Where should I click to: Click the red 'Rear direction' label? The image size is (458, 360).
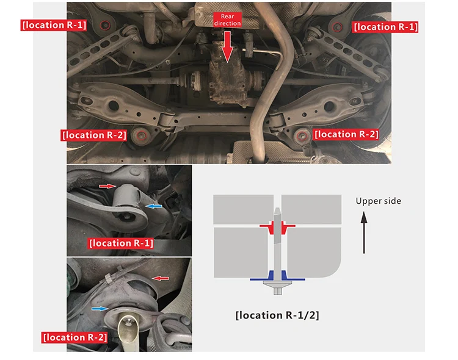(227, 20)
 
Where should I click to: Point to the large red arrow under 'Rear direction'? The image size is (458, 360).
(227, 46)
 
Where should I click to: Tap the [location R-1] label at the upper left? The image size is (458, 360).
(54, 25)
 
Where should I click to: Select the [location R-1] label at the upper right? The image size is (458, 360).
(385, 27)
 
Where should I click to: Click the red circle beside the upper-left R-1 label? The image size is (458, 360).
(105, 26)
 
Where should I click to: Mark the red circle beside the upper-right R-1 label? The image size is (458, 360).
(338, 27)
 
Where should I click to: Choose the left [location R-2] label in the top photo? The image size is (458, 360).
(94, 135)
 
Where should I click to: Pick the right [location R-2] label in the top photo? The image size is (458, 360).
(346, 134)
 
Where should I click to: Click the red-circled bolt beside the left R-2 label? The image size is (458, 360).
(142, 136)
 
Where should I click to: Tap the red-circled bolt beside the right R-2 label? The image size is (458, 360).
(302, 136)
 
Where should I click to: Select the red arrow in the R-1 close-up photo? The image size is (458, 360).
(107, 186)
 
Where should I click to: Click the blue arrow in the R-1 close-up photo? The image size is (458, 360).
(154, 206)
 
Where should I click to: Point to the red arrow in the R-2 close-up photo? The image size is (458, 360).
(161, 278)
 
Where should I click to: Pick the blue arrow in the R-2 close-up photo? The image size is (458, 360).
(100, 309)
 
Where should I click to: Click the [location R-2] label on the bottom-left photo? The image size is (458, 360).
(75, 337)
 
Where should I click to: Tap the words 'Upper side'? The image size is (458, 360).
(378, 201)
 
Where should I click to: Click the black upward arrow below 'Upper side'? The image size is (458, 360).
(364, 232)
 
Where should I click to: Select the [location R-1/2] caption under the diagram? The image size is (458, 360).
(277, 315)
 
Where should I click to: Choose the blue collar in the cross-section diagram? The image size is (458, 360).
(277, 276)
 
